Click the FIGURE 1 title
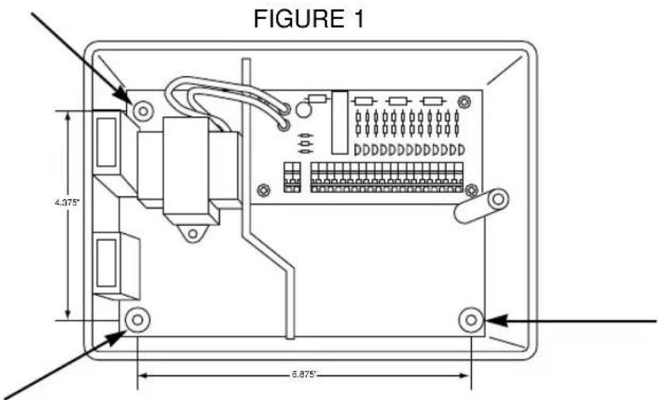pyautogui.click(x=309, y=19)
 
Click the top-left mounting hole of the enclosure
pyautogui.click(x=141, y=111)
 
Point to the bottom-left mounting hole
pyautogui.click(x=136, y=319)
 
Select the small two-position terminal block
pyautogui.click(x=290, y=177)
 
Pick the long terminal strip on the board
pyautogui.click(x=386, y=177)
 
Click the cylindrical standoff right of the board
pyautogui.click(x=481, y=204)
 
